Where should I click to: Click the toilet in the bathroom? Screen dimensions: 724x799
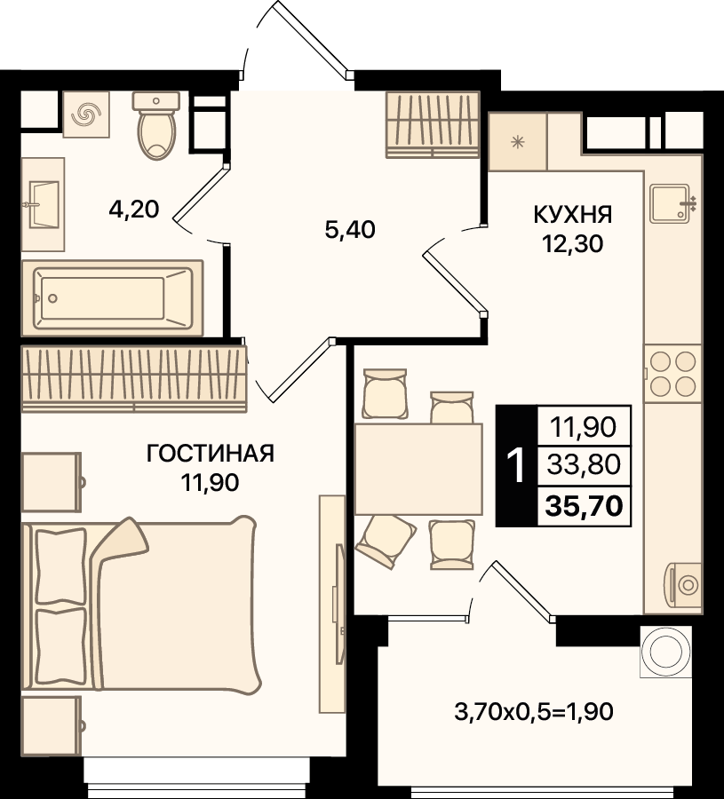click(x=156, y=125)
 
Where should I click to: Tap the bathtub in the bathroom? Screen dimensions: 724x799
click(x=112, y=298)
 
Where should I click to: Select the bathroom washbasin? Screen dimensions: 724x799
click(x=43, y=204)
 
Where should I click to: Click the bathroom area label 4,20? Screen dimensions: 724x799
click(x=134, y=209)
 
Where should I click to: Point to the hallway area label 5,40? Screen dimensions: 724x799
click(x=350, y=230)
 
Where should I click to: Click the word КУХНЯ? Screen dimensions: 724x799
click(x=573, y=215)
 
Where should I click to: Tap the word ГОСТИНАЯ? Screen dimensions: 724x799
click(x=211, y=453)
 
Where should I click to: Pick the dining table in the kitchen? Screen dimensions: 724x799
click(x=418, y=469)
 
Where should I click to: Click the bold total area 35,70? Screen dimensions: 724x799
click(x=585, y=506)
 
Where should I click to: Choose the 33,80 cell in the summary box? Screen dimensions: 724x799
click(x=585, y=464)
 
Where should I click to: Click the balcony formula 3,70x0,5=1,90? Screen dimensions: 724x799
click(x=533, y=711)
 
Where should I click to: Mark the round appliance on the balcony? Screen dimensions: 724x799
click(x=666, y=652)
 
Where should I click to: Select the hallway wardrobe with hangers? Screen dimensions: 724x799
click(x=433, y=124)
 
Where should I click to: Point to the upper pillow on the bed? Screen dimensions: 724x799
click(x=61, y=566)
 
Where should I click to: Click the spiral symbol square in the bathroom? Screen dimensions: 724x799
click(x=86, y=115)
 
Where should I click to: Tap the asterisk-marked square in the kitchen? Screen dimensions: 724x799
click(x=518, y=142)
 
